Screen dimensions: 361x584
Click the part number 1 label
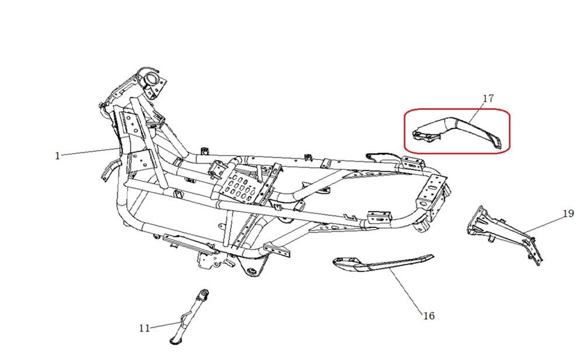coord(57,156)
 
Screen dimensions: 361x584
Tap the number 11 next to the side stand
coord(145,328)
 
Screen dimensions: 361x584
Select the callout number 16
coord(428,316)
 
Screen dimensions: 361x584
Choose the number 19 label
coord(568,214)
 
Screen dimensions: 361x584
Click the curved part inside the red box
coord(456,130)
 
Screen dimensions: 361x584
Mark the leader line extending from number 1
coord(88,152)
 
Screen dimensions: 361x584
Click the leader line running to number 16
coord(403,289)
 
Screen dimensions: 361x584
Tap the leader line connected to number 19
coord(546,224)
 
